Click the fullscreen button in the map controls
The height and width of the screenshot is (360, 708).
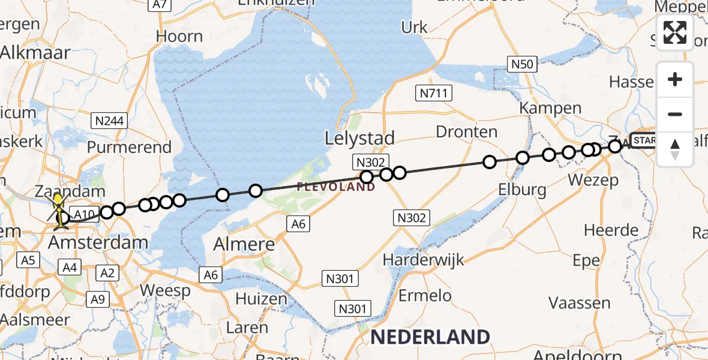tap(675, 32)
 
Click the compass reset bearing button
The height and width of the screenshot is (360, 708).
tap(675, 149)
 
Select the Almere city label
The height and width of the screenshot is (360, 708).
tap(245, 245)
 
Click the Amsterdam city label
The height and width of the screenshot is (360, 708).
tap(98, 242)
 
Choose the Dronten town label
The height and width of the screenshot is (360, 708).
tap(467, 132)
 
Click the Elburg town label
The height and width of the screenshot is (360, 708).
tap(522, 190)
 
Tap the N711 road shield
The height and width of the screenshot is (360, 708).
tap(434, 93)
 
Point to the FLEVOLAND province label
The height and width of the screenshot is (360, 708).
tap(336, 187)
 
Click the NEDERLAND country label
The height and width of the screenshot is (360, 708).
tap(430, 337)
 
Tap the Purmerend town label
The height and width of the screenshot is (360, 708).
tap(130, 147)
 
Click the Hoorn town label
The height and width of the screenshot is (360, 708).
tap(179, 36)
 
